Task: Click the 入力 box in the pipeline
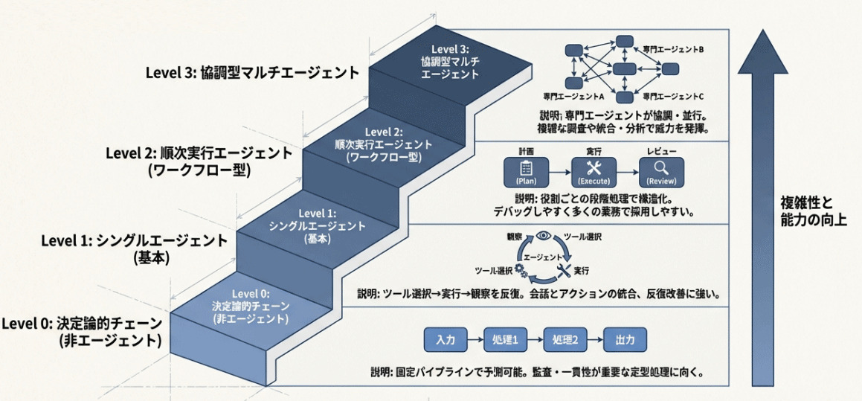click(x=446, y=340)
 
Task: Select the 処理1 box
click(x=505, y=340)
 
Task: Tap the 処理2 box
click(x=565, y=340)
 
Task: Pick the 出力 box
click(x=625, y=340)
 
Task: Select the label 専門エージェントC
click(x=672, y=97)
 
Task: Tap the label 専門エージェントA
click(x=573, y=97)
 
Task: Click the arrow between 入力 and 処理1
click(x=475, y=340)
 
